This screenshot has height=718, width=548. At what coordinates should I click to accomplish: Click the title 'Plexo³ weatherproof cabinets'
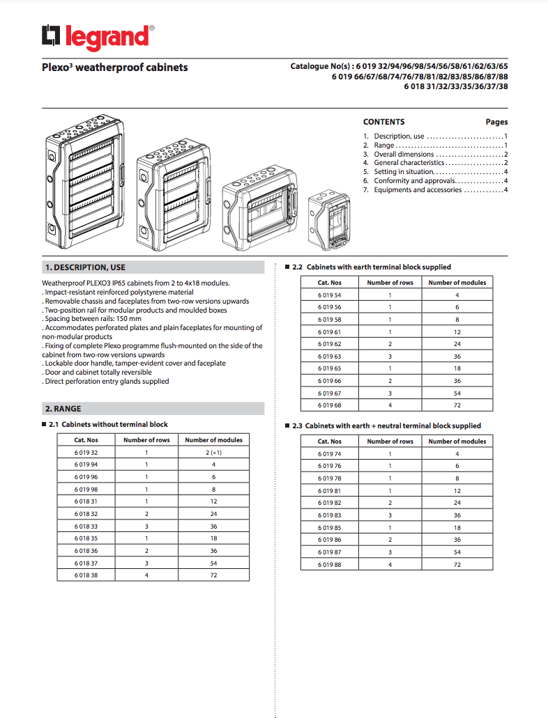coord(114,68)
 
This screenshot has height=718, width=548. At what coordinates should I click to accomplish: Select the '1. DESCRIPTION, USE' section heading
coord(85,267)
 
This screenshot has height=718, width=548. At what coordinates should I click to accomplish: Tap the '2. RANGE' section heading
coord(63,409)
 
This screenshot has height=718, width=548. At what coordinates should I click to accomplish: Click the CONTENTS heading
coord(383,122)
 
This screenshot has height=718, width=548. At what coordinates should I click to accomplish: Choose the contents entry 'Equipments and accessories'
coord(417,190)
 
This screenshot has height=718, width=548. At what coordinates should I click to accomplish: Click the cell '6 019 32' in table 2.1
coord(86,453)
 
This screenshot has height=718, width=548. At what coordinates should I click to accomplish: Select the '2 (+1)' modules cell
coord(213,453)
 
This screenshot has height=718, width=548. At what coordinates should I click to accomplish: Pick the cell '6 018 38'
coord(86,575)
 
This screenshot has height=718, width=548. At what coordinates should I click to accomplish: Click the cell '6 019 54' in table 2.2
coord(330,295)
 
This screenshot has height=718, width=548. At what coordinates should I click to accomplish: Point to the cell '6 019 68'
coord(330,405)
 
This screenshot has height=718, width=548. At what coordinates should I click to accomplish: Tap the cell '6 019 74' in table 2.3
coord(330,454)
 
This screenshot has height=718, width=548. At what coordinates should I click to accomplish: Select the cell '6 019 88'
coord(330,564)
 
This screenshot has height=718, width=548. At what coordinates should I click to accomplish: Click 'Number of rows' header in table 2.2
coord(390,283)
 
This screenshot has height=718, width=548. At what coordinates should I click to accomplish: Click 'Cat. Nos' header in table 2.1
coord(86,440)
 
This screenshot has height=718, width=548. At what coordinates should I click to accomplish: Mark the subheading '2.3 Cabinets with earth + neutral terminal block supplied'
coord(386,426)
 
